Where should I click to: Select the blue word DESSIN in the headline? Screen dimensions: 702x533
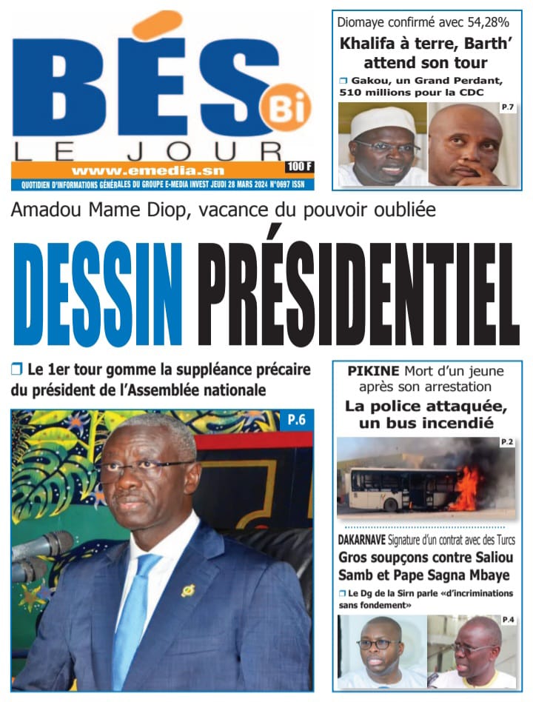pyautogui.click(x=98, y=293)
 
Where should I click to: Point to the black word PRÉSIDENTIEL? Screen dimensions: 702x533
pyautogui.click(x=359, y=293)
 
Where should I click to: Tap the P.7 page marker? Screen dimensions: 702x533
pyautogui.click(x=508, y=110)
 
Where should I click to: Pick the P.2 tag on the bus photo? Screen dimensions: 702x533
pyautogui.click(x=507, y=443)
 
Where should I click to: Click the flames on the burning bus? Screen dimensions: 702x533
pyautogui.click(x=466, y=488)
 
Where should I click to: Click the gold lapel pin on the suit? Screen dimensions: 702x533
pyautogui.click(x=188, y=590)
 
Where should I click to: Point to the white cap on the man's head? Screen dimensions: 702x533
pyautogui.click(x=382, y=118)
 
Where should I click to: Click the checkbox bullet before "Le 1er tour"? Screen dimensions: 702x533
pyautogui.click(x=17, y=369)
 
